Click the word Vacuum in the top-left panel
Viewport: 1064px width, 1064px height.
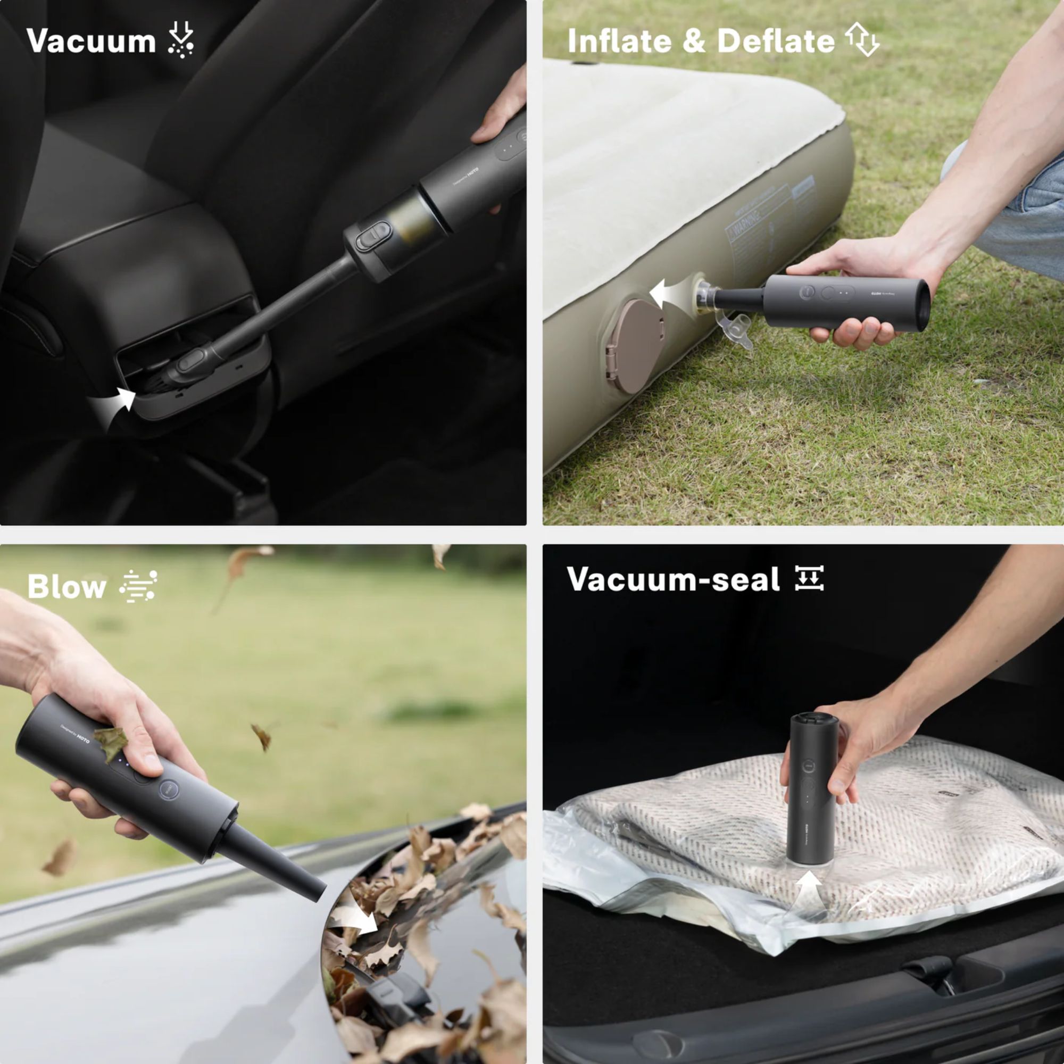pyautogui.click(x=92, y=41)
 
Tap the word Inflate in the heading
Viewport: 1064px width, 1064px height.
pyautogui.click(x=619, y=41)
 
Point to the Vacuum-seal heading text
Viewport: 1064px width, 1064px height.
pyautogui.click(x=673, y=579)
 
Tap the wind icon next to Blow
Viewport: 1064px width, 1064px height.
pyautogui.click(x=138, y=586)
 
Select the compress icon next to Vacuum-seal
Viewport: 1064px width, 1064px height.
pyautogui.click(x=810, y=578)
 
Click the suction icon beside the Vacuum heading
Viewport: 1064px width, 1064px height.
pyautogui.click(x=181, y=40)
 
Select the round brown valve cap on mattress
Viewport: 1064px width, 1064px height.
pyautogui.click(x=634, y=346)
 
